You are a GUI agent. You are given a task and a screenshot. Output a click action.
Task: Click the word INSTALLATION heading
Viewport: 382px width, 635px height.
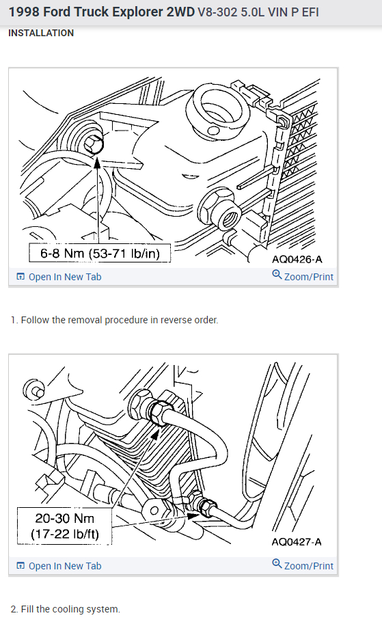[x=41, y=33]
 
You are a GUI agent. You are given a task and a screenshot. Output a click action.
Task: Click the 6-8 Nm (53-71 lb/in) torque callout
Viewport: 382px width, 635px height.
[x=100, y=253]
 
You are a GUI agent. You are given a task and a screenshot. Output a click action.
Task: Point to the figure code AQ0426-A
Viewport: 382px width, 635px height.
[x=297, y=259]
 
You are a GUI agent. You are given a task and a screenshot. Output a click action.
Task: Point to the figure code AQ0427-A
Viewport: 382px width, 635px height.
[x=297, y=542]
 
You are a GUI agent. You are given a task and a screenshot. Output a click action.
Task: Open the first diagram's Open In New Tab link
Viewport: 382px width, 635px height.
[x=59, y=277]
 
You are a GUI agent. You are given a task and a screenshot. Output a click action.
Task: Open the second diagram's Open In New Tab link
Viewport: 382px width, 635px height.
[x=59, y=566]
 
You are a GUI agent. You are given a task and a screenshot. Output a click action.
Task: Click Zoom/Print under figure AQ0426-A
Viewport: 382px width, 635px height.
[x=303, y=277]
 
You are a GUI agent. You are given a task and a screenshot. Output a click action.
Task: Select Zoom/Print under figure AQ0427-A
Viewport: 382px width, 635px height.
[x=303, y=566]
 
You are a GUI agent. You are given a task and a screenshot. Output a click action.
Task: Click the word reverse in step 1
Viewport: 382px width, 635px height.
[x=173, y=321]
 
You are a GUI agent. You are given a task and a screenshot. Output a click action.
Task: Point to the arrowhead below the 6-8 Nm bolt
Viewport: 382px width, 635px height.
[x=97, y=162]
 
